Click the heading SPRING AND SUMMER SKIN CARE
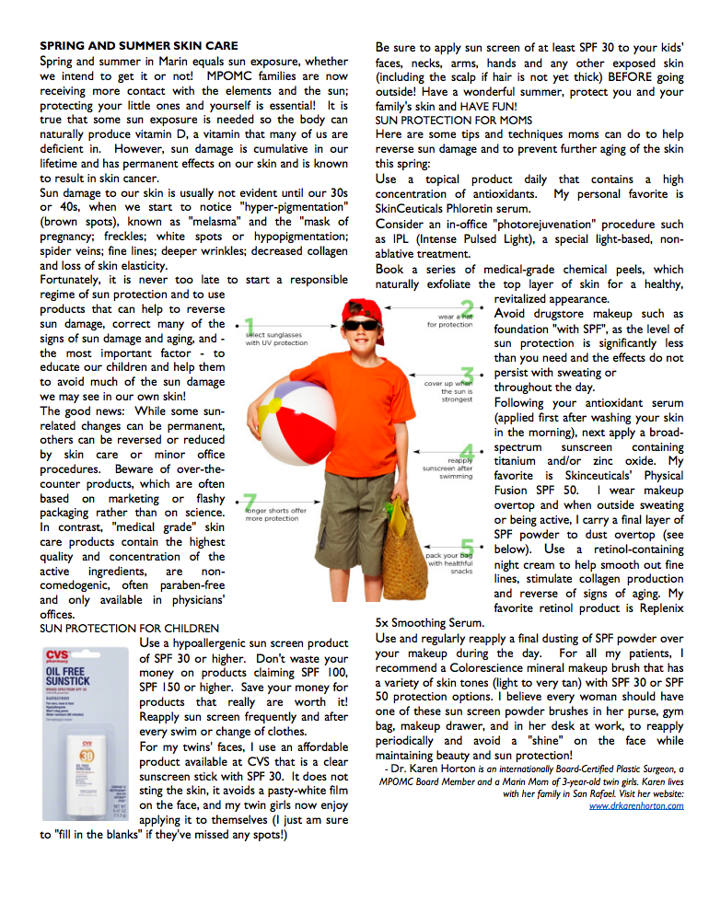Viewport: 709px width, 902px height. tap(139, 46)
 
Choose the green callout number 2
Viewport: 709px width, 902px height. tap(467, 308)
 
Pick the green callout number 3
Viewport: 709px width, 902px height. tap(467, 376)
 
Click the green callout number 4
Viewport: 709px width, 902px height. tap(467, 452)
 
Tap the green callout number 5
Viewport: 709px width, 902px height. tap(467, 549)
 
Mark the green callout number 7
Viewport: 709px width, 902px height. tap(250, 502)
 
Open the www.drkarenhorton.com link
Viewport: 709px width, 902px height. tap(636, 805)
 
